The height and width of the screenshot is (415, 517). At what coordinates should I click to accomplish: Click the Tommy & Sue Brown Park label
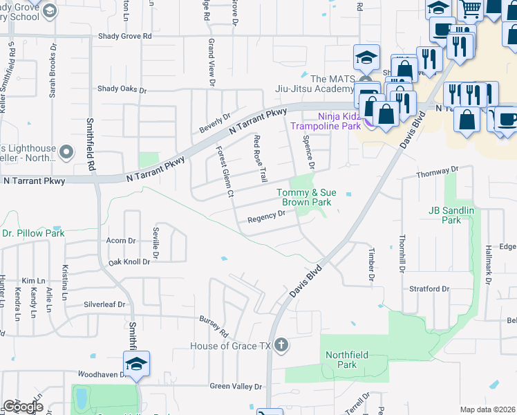[x=305, y=197]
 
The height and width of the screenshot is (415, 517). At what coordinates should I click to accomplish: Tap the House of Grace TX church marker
[x=281, y=344]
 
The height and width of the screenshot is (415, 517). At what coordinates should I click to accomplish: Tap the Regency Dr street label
[x=267, y=217]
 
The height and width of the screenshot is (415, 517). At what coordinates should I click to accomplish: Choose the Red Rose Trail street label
[x=260, y=159]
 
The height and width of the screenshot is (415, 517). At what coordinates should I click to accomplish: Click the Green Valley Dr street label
[x=236, y=387]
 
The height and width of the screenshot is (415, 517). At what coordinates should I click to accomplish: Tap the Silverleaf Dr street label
[x=104, y=304]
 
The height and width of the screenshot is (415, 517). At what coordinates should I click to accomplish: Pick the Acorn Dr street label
[x=121, y=241]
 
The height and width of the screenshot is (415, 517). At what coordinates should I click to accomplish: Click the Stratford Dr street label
[x=430, y=288]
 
